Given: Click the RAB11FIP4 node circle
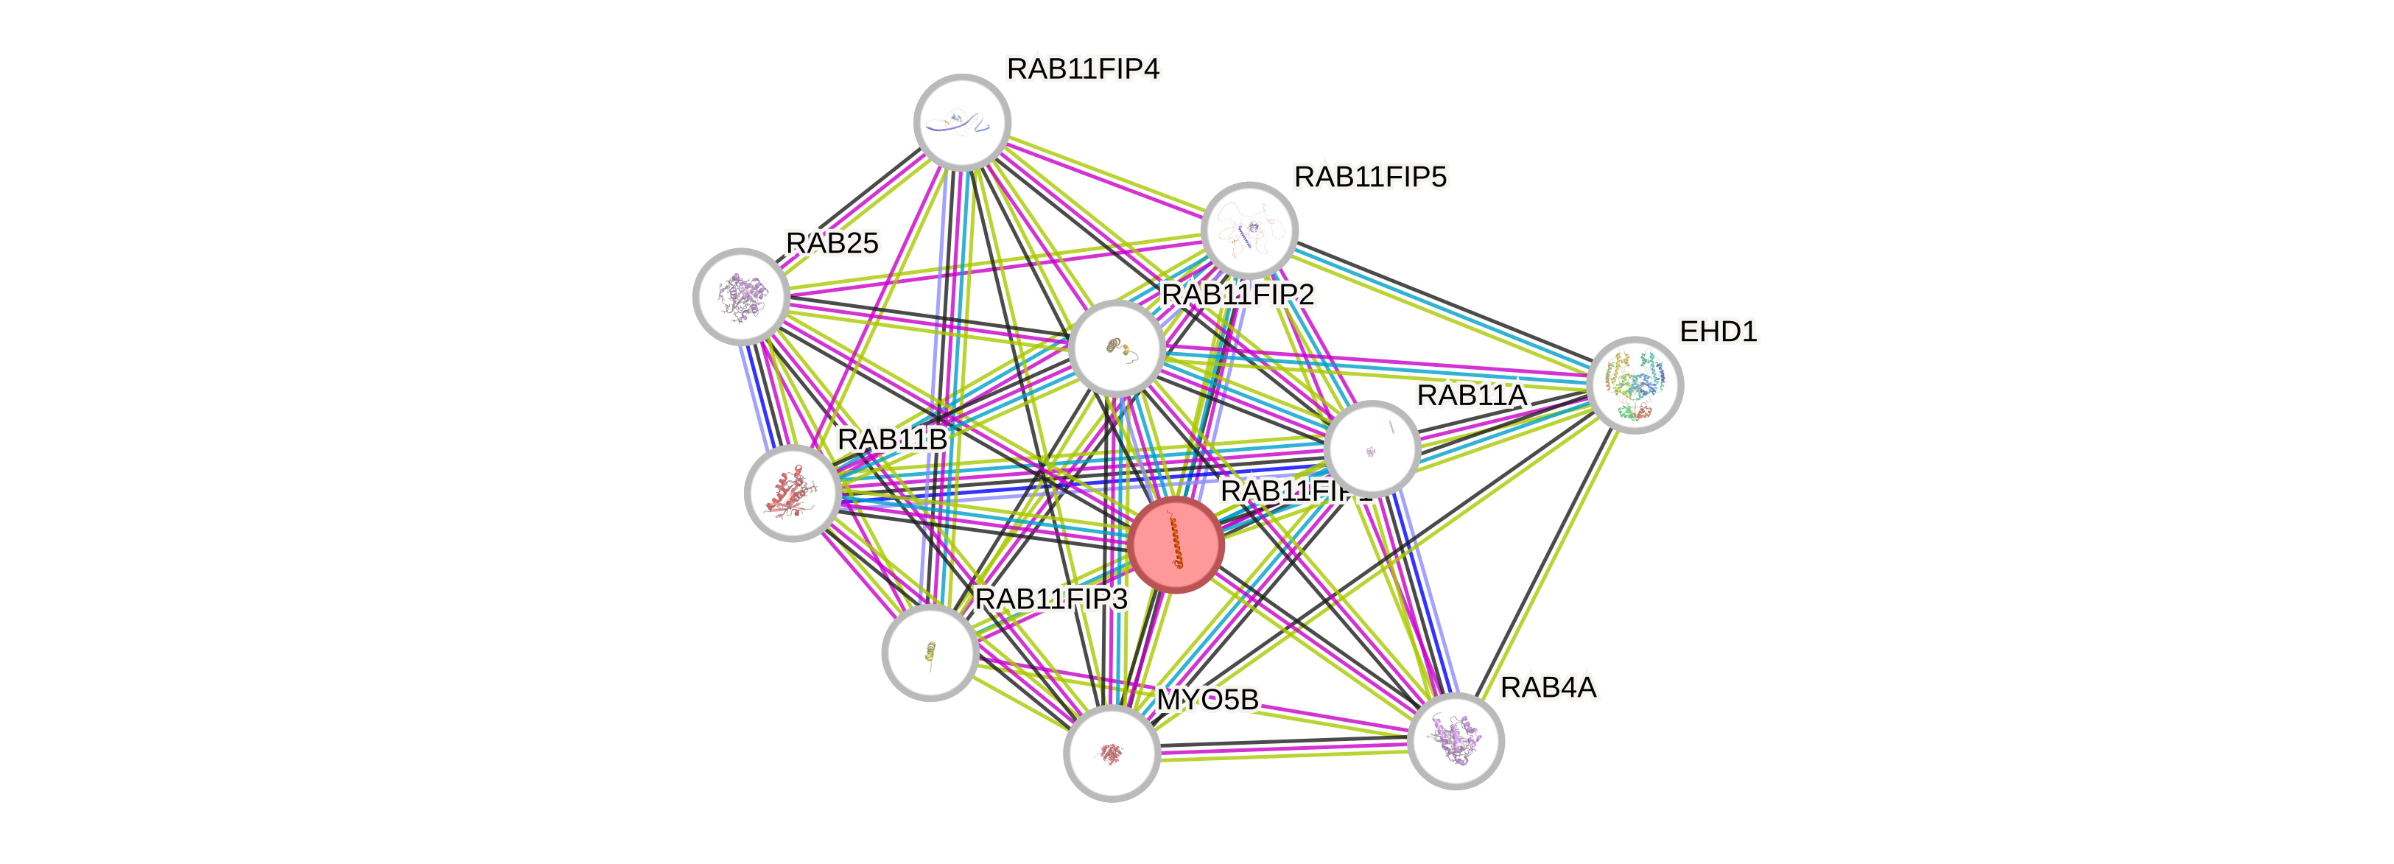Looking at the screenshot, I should click(962, 122).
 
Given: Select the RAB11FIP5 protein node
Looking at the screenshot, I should click(1249, 230).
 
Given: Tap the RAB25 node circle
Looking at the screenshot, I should click(741, 295).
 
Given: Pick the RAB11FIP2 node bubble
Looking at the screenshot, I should click(1116, 348).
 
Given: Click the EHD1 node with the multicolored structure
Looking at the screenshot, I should click(1635, 384).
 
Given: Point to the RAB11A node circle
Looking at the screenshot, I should click(1371, 449).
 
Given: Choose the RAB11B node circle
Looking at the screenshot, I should click(793, 492).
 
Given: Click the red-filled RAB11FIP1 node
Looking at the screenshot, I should click(1176, 544).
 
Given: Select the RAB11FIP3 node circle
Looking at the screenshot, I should click(930, 652).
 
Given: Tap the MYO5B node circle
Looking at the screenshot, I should click(1112, 753).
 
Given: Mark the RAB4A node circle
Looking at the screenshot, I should click(1456, 740).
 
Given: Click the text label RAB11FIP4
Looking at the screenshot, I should click(1084, 69).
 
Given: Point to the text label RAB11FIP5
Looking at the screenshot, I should click(1370, 177).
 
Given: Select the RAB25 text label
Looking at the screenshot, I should click(832, 242).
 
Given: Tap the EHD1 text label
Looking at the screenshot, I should click(1718, 331).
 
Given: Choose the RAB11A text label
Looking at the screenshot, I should click(1471, 396).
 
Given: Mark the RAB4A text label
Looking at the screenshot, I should click(1548, 687).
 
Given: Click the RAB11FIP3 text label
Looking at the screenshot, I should click(1051, 600).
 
